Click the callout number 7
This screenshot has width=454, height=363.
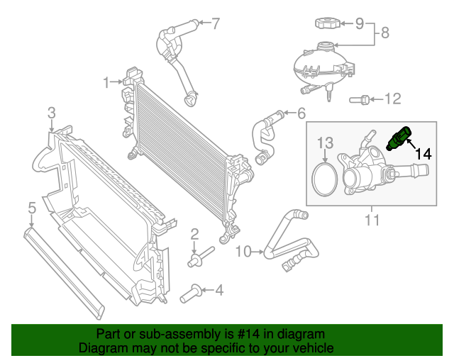coord(216,23)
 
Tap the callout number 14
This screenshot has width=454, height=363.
coord(423,153)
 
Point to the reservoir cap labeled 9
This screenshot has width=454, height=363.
coord(328,23)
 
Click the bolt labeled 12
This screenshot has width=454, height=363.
coord(360,99)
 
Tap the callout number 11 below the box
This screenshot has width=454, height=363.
coord(372,220)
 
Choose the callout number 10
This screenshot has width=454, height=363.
coord(243,251)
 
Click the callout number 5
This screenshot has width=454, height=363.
coord(31,208)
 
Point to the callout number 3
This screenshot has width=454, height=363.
coord(52,112)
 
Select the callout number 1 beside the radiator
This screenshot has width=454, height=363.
coord(106,82)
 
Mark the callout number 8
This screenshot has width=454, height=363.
coord(385,32)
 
